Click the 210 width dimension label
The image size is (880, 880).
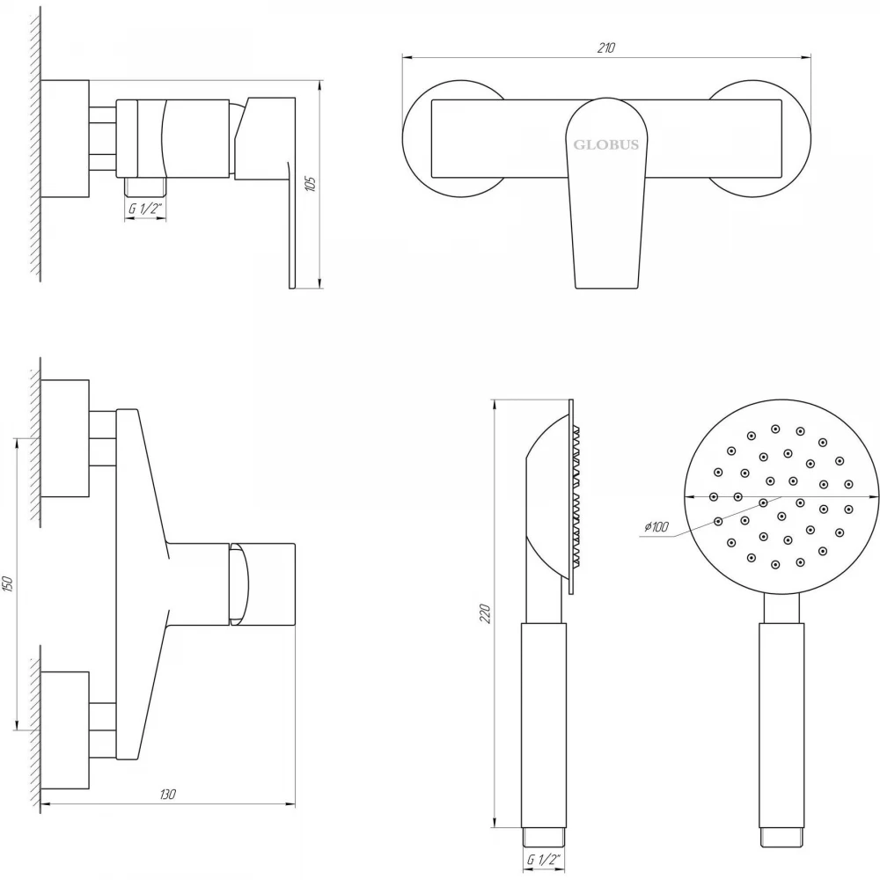point(606,48)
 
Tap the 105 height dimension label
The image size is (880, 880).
point(311,184)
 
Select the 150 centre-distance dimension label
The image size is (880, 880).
point(8,583)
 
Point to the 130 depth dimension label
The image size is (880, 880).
point(167,794)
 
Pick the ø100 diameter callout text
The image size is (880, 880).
point(656,526)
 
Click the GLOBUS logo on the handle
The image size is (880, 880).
point(606,145)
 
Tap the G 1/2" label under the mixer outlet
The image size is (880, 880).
point(145,209)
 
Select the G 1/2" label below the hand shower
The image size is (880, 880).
point(544,859)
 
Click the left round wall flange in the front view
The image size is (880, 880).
point(405,139)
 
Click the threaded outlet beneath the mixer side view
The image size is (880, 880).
point(145,187)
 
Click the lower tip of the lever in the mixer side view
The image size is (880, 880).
point(292,288)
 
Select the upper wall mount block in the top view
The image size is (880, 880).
point(64,438)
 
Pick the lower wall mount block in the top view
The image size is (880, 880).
point(64,730)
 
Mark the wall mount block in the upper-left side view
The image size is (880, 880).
point(64,139)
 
